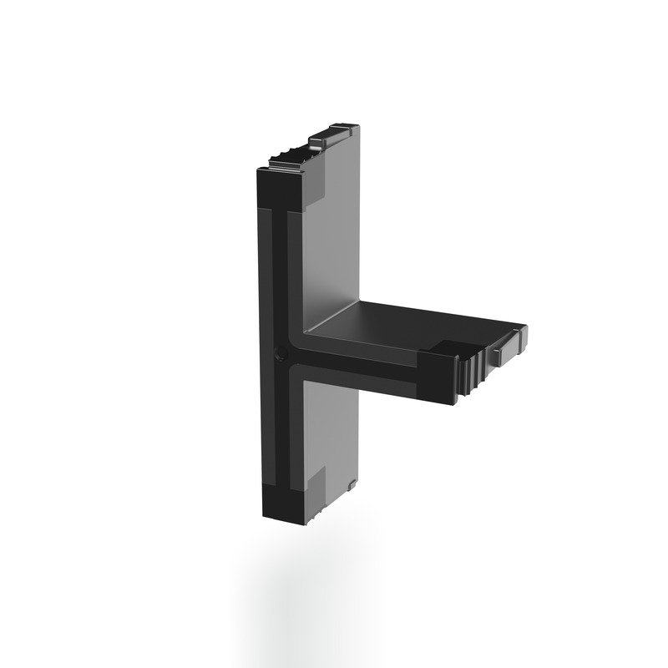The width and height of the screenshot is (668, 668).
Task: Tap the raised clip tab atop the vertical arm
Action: click(332, 135)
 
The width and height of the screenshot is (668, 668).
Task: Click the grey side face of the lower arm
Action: click(330, 426)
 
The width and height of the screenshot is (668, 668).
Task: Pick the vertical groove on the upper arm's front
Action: click(279, 267)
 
